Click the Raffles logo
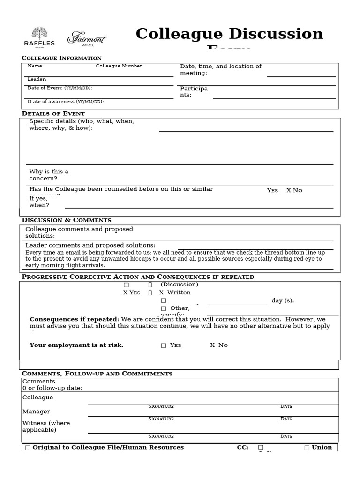point(39,37)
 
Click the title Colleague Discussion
point(229,34)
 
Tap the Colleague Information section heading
point(61,58)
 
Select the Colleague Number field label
point(120,66)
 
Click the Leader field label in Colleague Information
point(37,79)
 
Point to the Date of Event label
point(60,88)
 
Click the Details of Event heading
point(53,113)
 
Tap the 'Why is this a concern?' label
point(49,175)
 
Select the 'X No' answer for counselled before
point(294,190)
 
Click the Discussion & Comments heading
point(67,220)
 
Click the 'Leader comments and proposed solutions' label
point(90,245)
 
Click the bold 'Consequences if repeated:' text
point(74,319)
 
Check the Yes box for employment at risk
point(164,345)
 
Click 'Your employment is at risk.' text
point(76,345)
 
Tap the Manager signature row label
point(36,412)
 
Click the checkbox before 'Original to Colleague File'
point(28,448)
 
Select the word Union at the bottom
point(322,447)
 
